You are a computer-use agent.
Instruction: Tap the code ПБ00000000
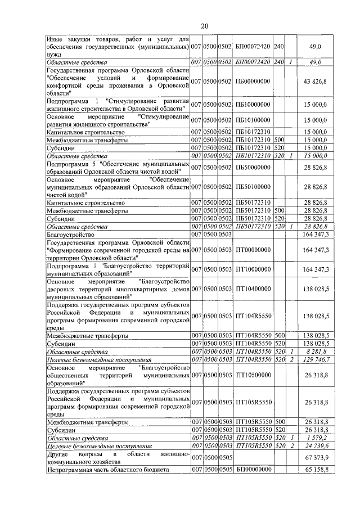[254, 82]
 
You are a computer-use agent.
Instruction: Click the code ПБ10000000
[254, 105]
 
